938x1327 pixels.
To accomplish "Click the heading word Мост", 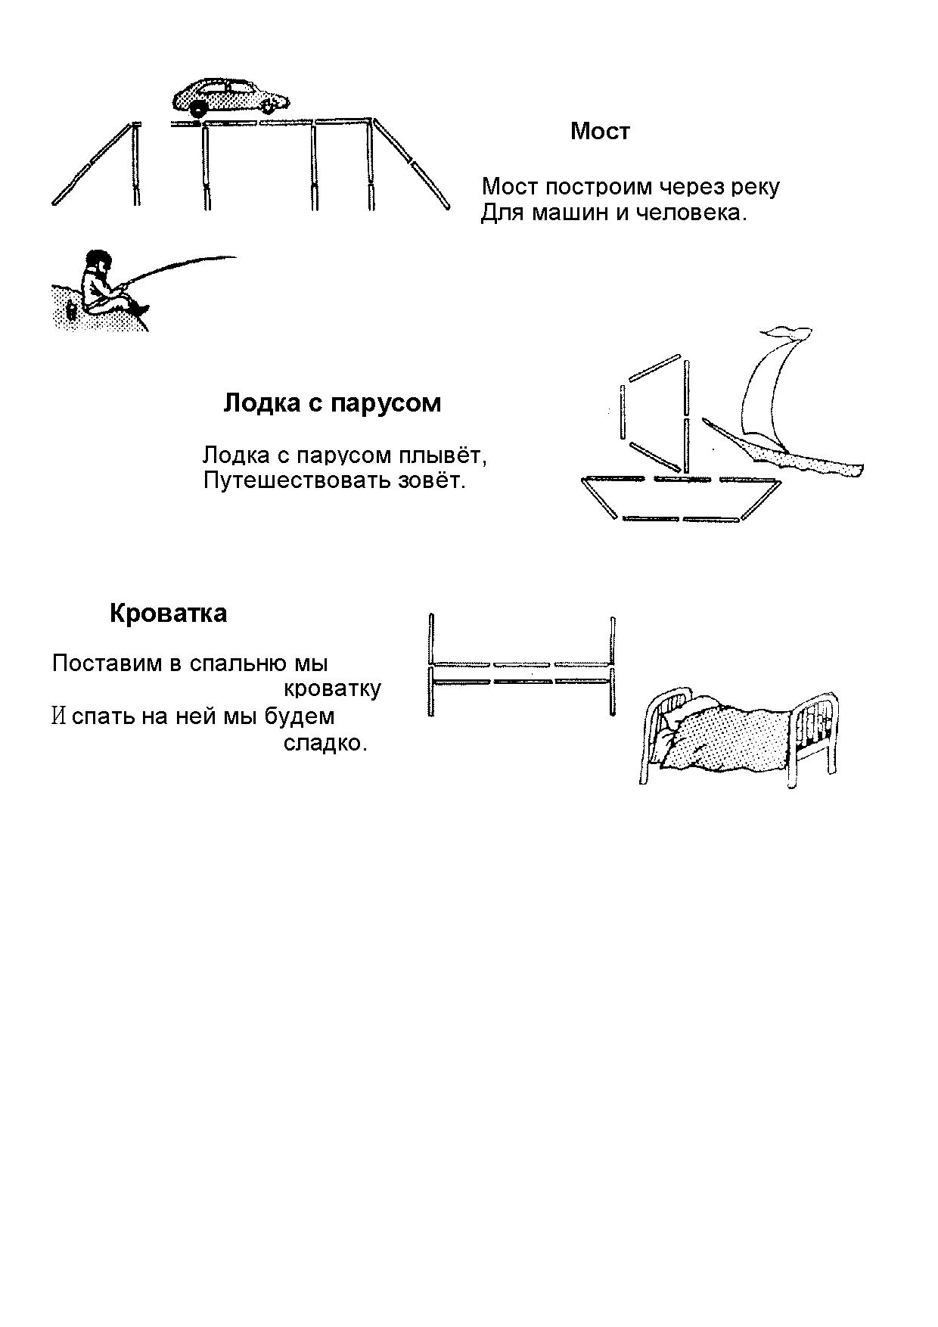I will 600,131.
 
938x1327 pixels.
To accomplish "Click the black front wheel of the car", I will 198,109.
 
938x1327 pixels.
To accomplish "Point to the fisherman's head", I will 97,260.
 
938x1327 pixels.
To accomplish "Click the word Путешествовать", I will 297,480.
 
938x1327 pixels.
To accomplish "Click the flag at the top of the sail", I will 784,333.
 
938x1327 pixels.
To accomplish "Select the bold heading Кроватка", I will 168,613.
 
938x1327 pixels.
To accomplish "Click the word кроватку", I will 332,689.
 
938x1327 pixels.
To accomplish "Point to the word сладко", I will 325,743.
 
